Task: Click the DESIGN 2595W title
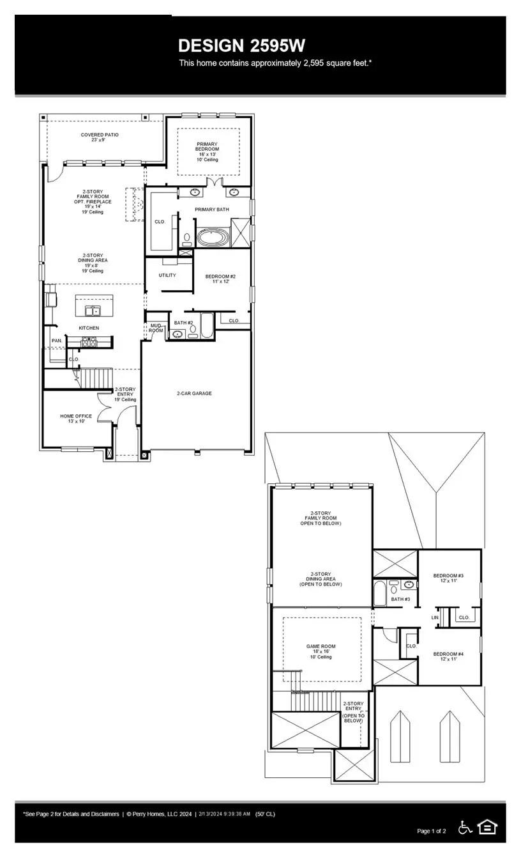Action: [242, 45]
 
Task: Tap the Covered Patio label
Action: [100, 137]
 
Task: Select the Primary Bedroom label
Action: [208, 152]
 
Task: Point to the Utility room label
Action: [167, 275]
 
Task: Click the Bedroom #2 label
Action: [220, 279]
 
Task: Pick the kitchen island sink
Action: [93, 310]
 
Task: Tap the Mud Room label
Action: [156, 328]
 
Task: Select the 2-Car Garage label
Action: [194, 394]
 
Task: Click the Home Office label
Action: [76, 419]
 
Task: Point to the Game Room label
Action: [321, 651]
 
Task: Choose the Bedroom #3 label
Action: [448, 578]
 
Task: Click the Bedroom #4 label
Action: [448, 656]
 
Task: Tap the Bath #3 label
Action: [400, 599]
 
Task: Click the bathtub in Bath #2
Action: [207, 325]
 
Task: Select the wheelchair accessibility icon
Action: [465, 827]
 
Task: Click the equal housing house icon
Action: [487, 827]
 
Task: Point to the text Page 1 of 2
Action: [432, 831]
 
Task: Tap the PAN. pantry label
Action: [57, 341]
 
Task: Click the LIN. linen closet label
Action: [435, 617]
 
